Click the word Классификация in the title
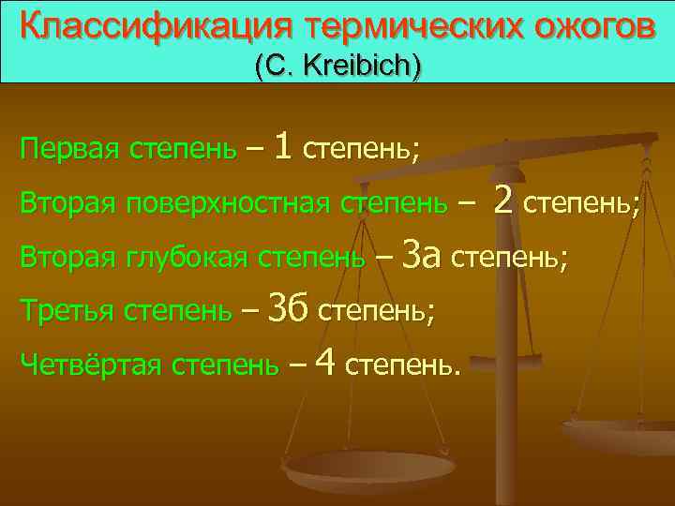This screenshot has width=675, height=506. (126, 27)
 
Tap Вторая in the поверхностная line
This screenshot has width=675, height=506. (67, 202)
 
